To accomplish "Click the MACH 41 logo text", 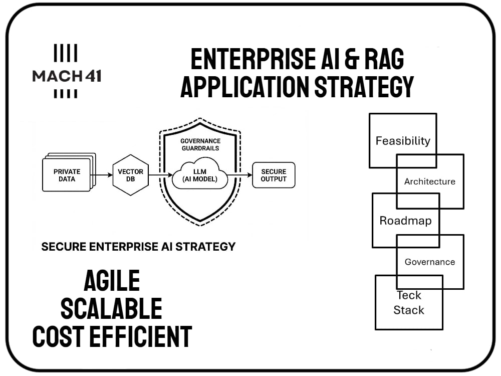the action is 67,76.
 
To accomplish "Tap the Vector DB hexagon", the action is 130,175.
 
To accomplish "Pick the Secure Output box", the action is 274,175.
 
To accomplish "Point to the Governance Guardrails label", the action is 200,144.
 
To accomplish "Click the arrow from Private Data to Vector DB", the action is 101,175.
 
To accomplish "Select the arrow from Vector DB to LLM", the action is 160,175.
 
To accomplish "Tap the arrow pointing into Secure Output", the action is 239,175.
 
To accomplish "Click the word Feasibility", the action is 403,141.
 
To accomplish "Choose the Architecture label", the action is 430,181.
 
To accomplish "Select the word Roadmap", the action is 405,221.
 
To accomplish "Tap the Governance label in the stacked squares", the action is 430,262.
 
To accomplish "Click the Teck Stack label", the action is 409,302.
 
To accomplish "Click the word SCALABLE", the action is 111,308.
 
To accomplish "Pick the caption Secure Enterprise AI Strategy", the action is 138,247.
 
